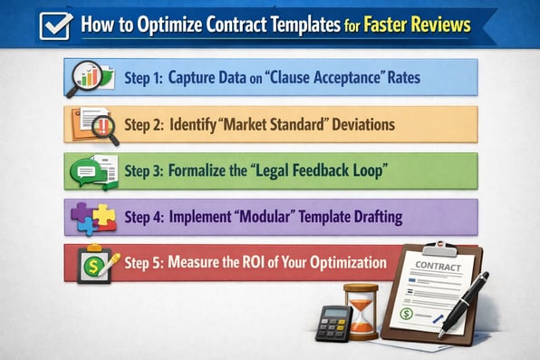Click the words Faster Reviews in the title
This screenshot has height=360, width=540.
tap(422, 25)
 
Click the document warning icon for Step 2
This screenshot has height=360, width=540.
tap(93, 123)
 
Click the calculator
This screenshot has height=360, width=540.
tap(332, 322)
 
